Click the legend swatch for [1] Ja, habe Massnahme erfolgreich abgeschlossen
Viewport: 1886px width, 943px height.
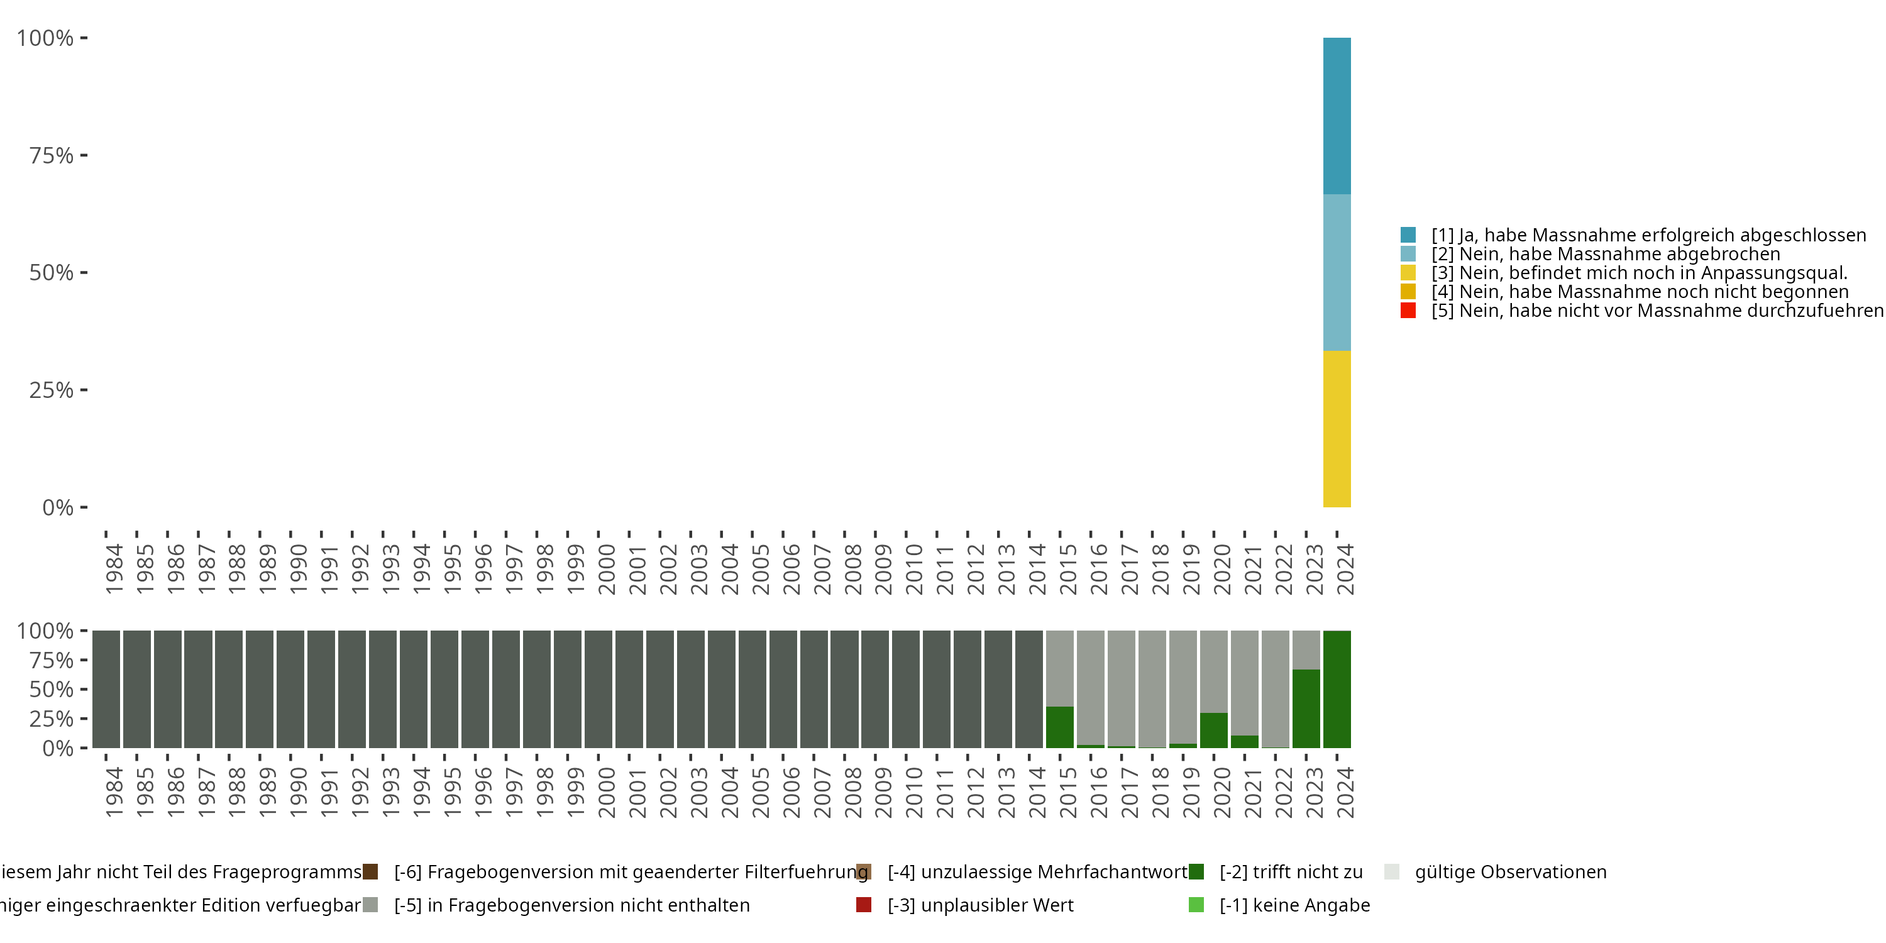click(x=1408, y=235)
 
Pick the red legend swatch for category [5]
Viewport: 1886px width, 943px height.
click(x=1408, y=311)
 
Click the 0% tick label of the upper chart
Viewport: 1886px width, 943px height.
click(x=58, y=507)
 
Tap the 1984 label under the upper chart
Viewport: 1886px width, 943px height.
click(x=114, y=569)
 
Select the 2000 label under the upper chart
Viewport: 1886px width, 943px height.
click(x=606, y=569)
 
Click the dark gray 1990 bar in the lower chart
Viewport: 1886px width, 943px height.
click(x=290, y=689)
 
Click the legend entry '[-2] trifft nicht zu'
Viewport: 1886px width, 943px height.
click(x=1290, y=872)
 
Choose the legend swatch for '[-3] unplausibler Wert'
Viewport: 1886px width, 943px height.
click(x=864, y=905)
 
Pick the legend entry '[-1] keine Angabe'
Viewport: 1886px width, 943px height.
click(x=1294, y=905)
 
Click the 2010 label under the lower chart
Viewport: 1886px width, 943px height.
click(x=913, y=793)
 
